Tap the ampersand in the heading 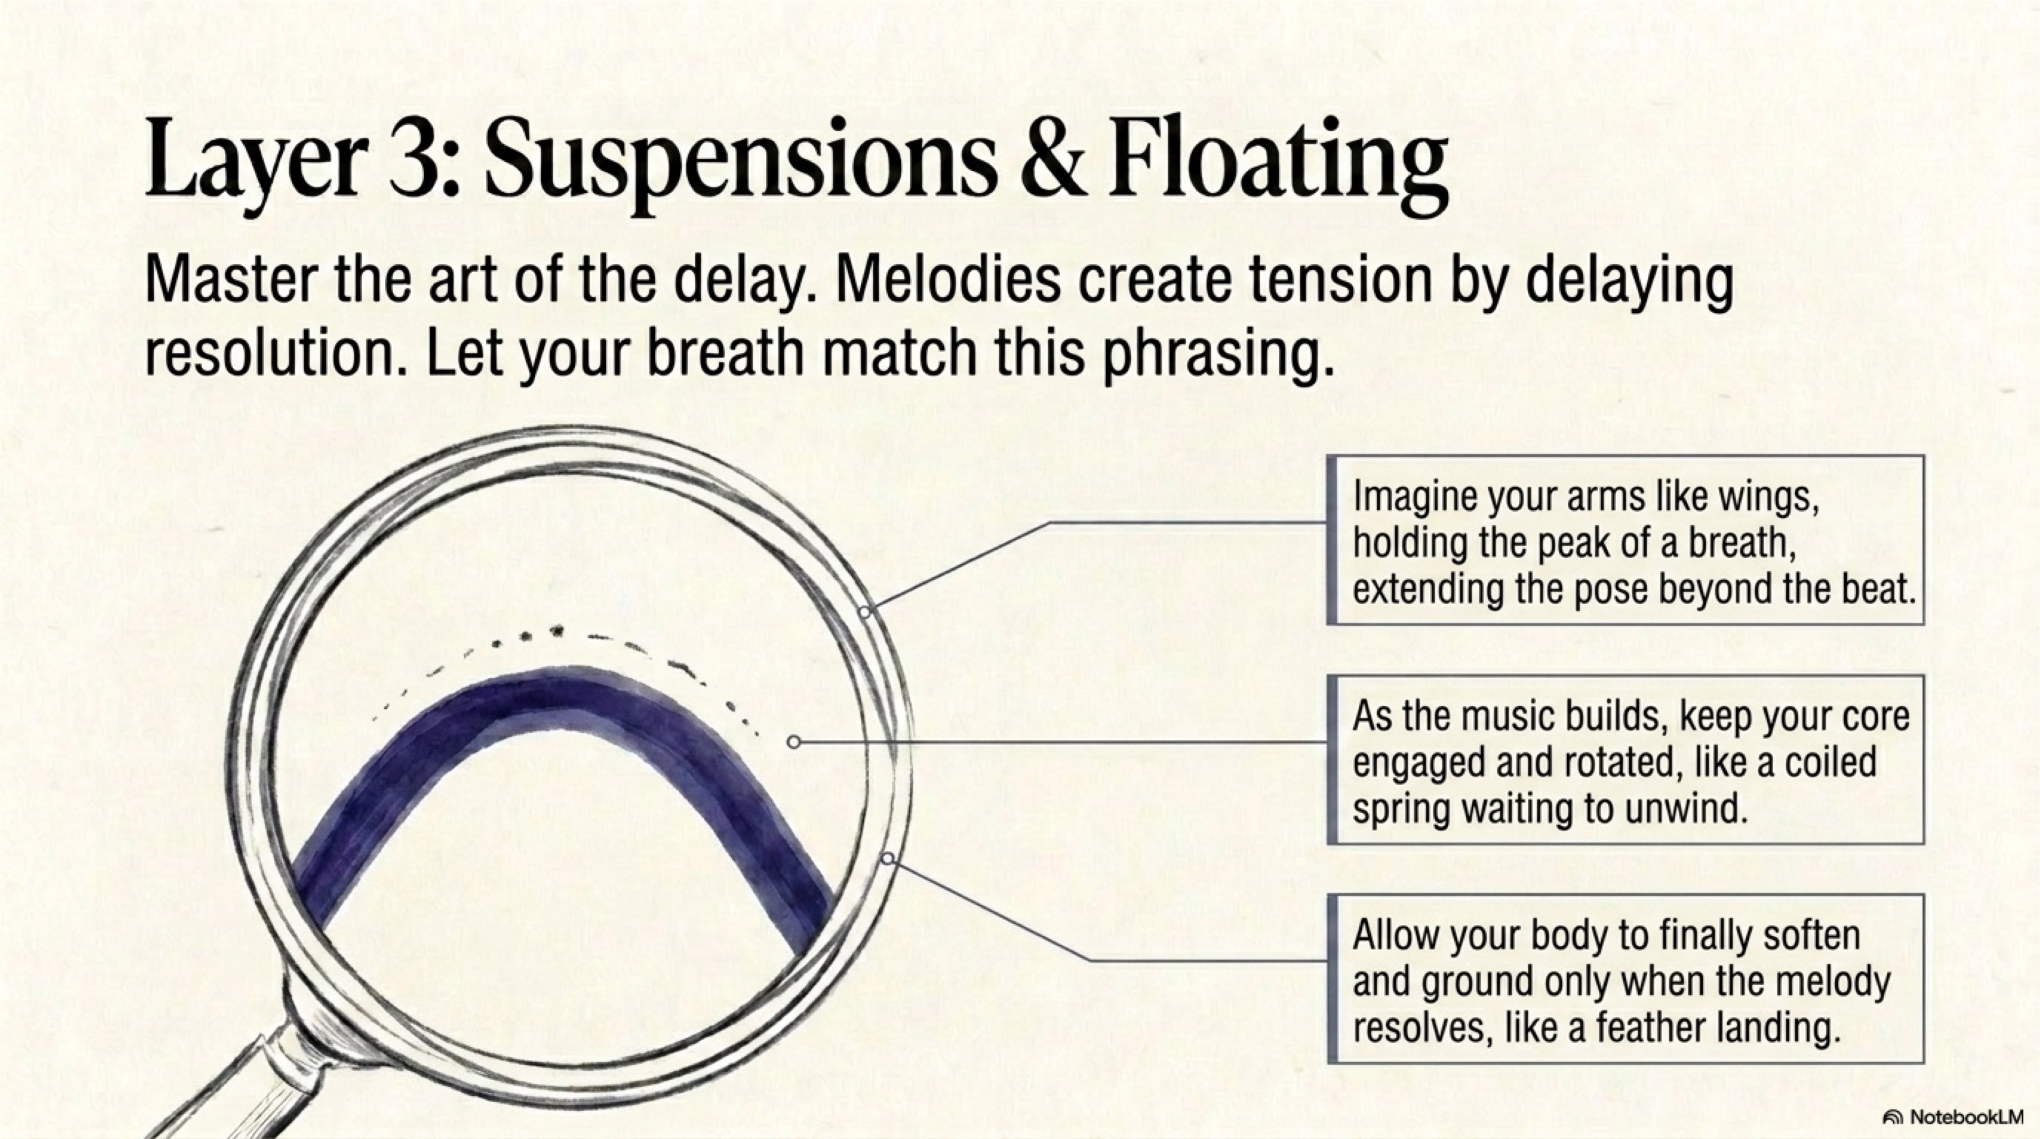[1053, 157]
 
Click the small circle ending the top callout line [865, 612]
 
